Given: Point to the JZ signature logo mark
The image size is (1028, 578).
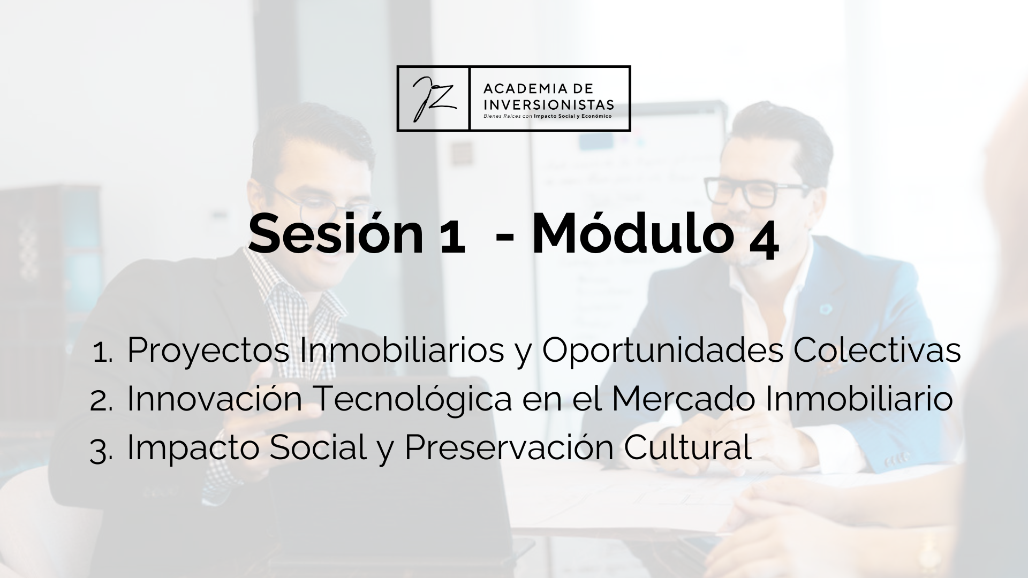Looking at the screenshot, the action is pos(433,98).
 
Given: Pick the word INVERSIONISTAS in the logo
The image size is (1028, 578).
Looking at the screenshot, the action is pos(549,103).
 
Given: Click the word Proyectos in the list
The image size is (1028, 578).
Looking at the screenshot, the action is pos(208,352).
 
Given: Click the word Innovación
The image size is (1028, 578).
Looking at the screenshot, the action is pos(215,399).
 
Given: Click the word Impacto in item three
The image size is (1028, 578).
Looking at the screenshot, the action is pos(193,448).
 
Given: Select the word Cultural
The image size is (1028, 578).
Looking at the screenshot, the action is pos(687,448).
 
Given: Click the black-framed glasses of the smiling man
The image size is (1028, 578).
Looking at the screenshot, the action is pos(757,192).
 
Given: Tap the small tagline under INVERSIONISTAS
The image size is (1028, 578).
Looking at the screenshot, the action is pos(547,115).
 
